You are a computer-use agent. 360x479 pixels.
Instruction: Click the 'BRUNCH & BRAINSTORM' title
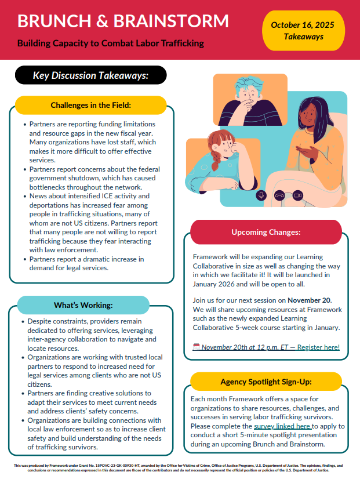click(x=123, y=21)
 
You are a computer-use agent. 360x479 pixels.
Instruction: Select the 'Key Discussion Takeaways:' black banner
click(x=91, y=75)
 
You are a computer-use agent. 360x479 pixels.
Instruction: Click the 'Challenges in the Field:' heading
click(x=90, y=105)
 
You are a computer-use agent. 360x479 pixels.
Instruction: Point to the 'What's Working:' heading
click(x=83, y=305)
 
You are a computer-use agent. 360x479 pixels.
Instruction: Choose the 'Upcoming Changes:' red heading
click(x=266, y=232)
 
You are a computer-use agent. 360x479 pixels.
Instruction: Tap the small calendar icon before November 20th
click(x=196, y=347)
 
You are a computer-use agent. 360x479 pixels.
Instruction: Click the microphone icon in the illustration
click(x=261, y=195)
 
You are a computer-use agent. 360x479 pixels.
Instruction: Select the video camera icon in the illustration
click(x=298, y=195)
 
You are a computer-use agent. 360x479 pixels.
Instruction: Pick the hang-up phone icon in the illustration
click(x=279, y=195)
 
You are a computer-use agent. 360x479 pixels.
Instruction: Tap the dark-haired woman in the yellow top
click(x=313, y=145)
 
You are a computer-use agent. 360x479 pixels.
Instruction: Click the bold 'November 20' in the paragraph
click(x=308, y=300)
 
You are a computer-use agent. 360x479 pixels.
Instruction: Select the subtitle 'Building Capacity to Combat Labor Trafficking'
click(x=110, y=43)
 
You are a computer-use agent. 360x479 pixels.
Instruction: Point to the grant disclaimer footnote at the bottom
click(x=180, y=467)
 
